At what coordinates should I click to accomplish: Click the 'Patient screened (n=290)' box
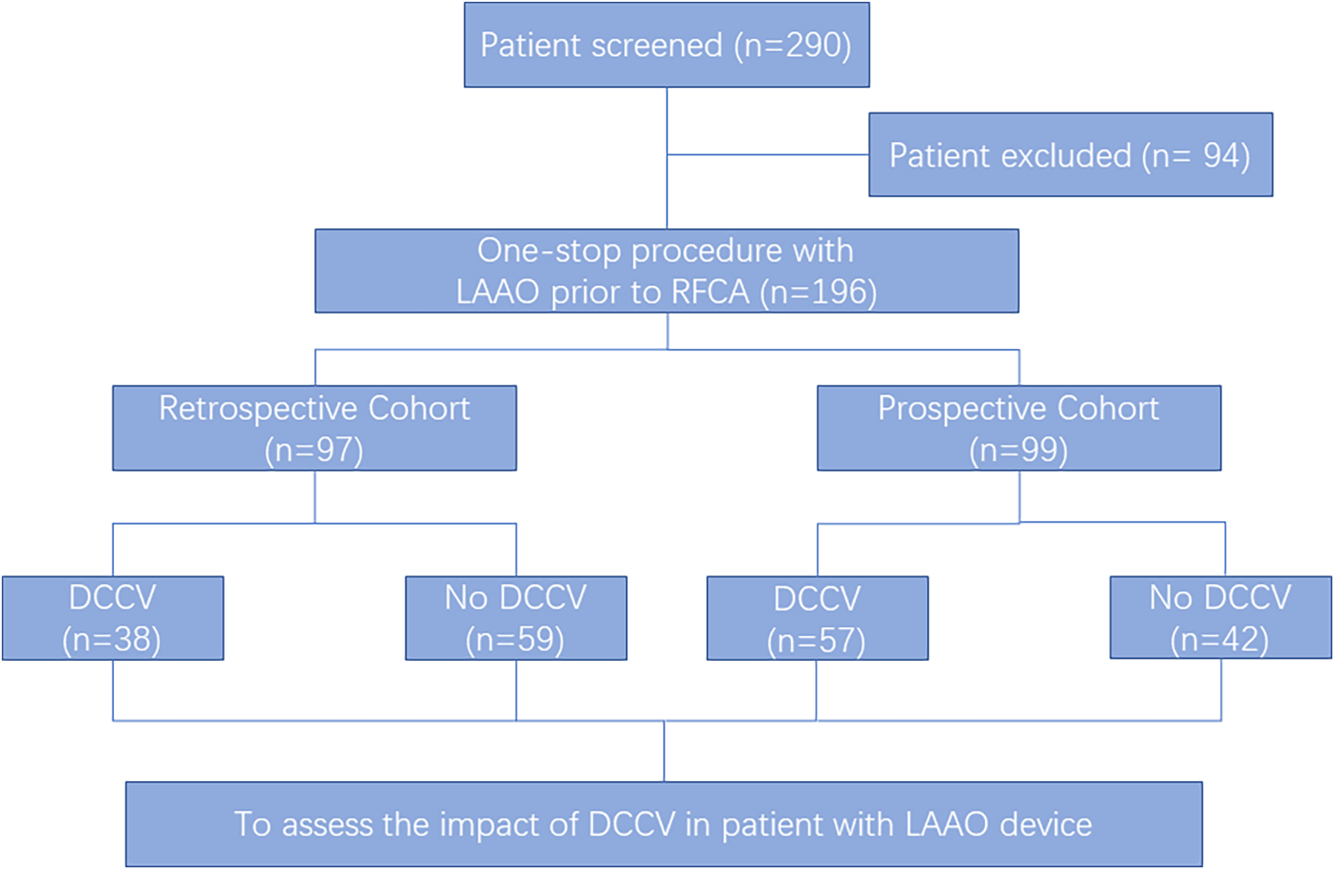pos(666,45)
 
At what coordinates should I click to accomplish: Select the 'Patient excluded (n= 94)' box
pos(1070,155)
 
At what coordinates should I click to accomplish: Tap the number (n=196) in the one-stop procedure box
pos(818,292)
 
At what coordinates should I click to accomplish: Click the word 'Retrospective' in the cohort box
pos(258,408)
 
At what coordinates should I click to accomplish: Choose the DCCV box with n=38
pos(112,618)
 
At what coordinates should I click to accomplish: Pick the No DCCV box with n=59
pos(516,618)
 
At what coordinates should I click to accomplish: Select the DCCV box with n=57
pos(817,618)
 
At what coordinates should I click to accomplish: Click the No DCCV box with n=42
pos(1220,618)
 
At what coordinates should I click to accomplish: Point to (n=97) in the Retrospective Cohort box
pos(313,450)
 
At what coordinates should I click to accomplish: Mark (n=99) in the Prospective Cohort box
pos(1018,450)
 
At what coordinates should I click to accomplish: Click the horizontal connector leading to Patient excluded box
pos(768,155)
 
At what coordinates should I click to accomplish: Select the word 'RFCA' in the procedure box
pos(710,292)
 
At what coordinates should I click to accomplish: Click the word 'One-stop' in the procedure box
pos(549,251)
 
